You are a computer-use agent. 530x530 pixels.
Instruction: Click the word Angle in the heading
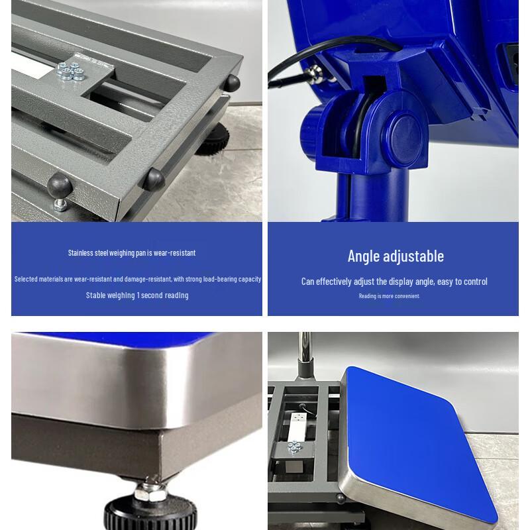[x=364, y=256]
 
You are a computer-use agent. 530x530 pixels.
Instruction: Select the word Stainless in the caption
[x=82, y=252]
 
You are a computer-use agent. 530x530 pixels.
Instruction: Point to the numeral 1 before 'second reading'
[x=138, y=295]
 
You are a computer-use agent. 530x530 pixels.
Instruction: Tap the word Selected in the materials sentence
[x=26, y=279]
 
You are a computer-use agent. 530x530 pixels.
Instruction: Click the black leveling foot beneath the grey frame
[x=216, y=136]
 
